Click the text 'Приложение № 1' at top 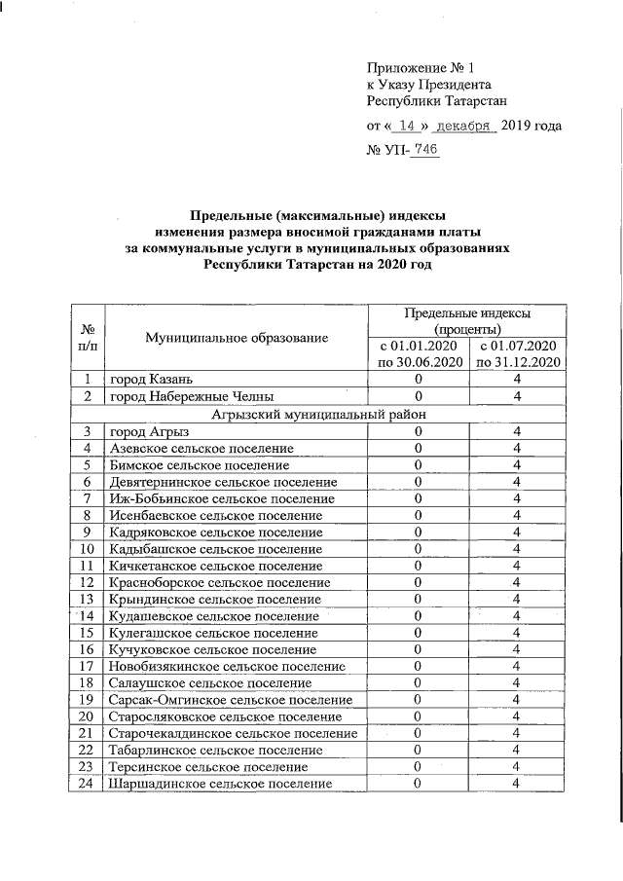pos(420,68)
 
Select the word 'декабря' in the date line pos(464,126)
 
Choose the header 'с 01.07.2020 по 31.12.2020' pos(517,353)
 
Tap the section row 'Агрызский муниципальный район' pos(317,413)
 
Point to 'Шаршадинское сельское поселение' pos(220,784)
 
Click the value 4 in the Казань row pos(517,379)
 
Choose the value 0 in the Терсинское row pos(418,767)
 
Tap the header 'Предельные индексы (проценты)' pos(467,320)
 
